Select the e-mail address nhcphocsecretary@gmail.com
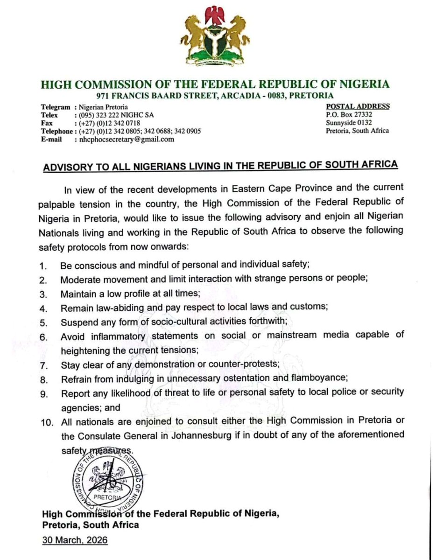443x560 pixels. pos(127,139)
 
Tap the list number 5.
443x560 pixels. pos(43,322)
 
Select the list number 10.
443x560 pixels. pos(45,421)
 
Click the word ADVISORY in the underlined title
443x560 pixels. pos(70,165)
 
